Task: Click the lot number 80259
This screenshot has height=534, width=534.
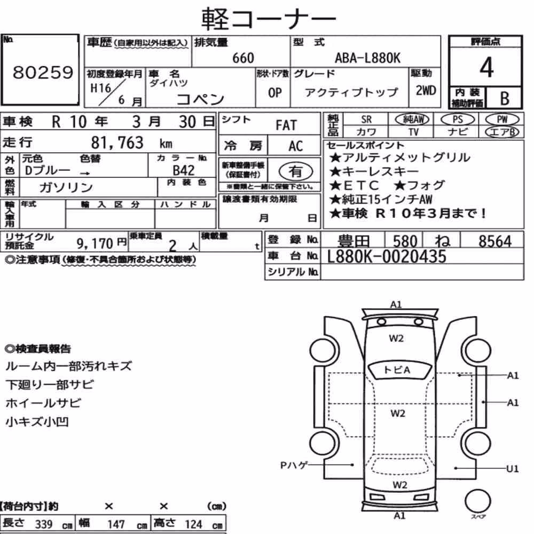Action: tap(43, 72)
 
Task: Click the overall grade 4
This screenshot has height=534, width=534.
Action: tap(486, 67)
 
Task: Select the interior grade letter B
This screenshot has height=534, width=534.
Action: tap(505, 98)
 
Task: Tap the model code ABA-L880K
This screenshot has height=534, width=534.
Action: tap(367, 58)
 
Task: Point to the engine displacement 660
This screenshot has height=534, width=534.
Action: tap(243, 58)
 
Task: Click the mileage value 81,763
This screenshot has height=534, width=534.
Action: tap(117, 143)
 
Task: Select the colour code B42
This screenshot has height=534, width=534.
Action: tap(184, 170)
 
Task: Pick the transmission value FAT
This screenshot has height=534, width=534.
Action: tap(286, 125)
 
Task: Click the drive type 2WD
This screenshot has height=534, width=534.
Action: tap(426, 91)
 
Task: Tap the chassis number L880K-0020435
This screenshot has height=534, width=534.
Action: tap(386, 256)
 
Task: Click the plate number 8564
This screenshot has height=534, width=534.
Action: tap(495, 241)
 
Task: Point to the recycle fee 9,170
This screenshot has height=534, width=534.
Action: tap(95, 244)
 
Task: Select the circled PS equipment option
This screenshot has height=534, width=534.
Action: tap(458, 120)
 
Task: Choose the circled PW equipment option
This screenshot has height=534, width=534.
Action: tap(502, 120)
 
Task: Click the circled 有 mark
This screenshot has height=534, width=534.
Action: tap(296, 171)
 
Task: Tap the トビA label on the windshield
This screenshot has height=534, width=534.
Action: tap(397, 370)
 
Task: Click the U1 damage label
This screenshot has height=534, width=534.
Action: tap(512, 469)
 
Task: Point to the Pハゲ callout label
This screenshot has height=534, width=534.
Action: tap(294, 465)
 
